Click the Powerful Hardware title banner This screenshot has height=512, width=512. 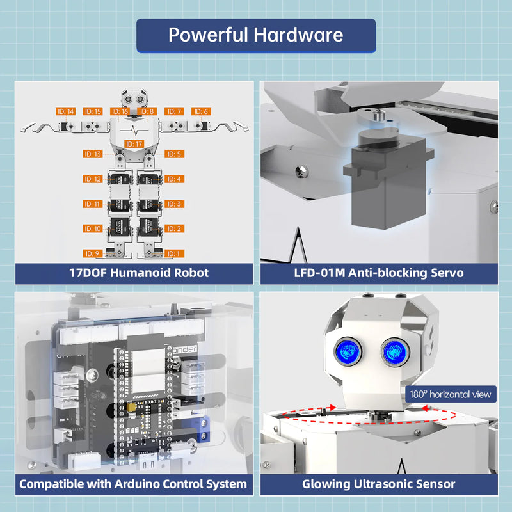point(256,35)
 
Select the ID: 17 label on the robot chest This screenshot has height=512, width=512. point(134,144)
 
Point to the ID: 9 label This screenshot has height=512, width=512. point(93,253)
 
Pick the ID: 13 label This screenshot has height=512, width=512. point(93,154)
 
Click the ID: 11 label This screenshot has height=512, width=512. point(93,204)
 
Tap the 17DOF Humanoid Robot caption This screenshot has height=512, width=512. point(139,273)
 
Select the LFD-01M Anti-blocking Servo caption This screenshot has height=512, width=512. point(379,273)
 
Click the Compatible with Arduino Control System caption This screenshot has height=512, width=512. point(133,484)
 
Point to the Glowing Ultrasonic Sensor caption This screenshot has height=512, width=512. point(379,484)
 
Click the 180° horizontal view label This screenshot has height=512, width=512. point(451,394)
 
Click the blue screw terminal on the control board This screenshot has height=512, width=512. point(209,432)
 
